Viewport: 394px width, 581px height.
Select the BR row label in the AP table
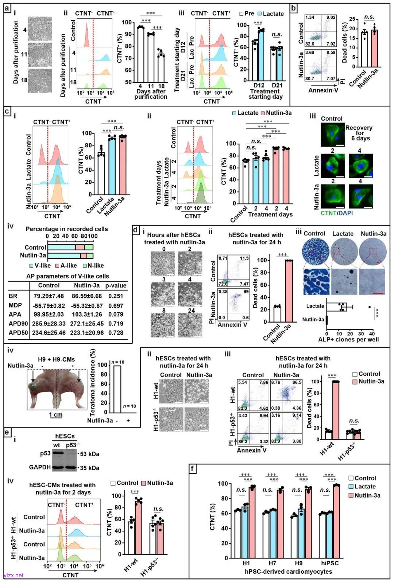pos(13,296)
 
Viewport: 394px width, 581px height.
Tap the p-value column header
pos(116,285)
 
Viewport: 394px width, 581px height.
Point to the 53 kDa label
pos(89,454)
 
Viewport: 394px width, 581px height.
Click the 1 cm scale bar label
pos(56,414)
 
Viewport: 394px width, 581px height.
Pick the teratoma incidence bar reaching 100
pos(117,389)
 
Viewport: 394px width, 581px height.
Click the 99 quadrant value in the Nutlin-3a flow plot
pos(246,292)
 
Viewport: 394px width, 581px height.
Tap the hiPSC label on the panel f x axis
pos(330,563)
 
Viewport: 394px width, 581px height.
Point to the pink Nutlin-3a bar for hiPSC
pos(336,521)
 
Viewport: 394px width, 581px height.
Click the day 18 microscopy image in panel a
pos(40,80)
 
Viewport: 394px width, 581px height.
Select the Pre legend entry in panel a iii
pos(247,13)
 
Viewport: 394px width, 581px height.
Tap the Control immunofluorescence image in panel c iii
pos(332,134)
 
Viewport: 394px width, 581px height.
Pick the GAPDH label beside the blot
pos(40,467)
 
